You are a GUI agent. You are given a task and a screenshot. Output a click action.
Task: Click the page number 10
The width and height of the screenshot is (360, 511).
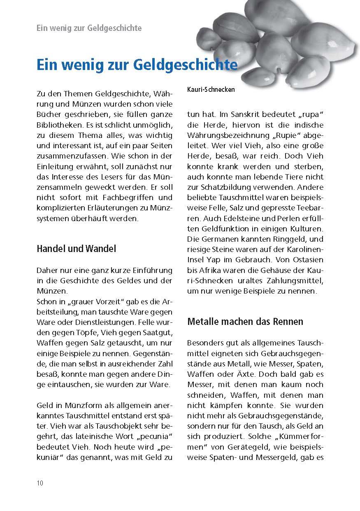point(40,483)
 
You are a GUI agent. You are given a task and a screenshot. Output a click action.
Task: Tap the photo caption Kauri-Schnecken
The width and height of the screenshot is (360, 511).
point(211,89)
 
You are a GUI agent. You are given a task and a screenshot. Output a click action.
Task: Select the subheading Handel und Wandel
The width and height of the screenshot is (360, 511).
point(77,249)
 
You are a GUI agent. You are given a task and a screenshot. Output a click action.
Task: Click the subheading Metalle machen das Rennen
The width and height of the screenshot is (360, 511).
point(245,321)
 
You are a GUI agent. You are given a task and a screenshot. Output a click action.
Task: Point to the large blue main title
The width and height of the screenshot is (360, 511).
point(137,65)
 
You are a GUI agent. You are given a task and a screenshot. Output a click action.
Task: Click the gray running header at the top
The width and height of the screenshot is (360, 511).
point(89,28)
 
